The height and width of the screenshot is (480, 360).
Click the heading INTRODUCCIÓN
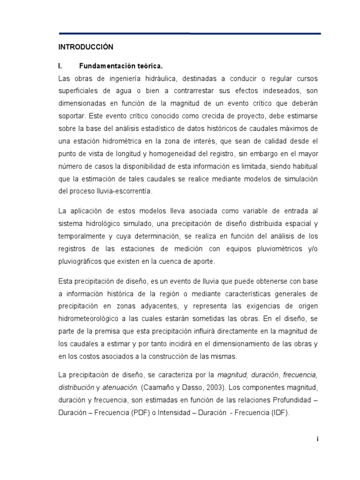click(x=86, y=47)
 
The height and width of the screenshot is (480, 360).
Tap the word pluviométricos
click(x=278, y=249)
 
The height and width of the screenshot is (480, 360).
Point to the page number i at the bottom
click(x=317, y=439)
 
